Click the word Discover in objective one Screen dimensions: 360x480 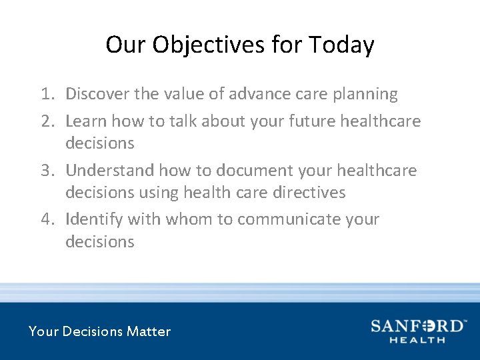pos(97,94)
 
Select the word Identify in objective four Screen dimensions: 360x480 pos(94,219)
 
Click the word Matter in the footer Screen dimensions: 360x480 pos(149,331)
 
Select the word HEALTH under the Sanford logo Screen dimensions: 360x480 pos(417,340)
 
